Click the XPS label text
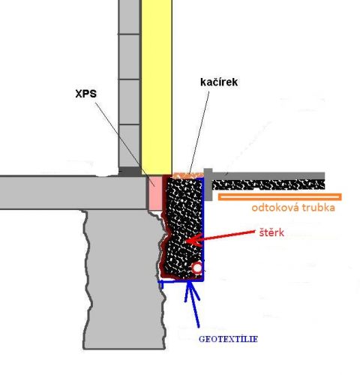click(86, 94)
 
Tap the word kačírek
click(219, 82)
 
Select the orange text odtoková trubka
click(293, 208)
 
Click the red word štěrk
click(271, 232)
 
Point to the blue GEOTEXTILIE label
click(228, 339)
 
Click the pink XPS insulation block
click(155, 193)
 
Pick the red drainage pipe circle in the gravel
click(197, 268)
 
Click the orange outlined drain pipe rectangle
click(280, 196)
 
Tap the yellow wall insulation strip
click(157, 88)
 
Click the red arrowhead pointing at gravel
click(193, 240)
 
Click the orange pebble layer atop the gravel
click(188, 175)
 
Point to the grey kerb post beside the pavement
click(208, 184)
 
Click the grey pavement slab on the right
click(268, 175)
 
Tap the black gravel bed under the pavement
click(268, 184)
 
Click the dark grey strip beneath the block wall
click(130, 172)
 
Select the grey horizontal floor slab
click(73, 193)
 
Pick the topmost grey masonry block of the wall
click(129, 16)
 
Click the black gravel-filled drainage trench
click(184, 227)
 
